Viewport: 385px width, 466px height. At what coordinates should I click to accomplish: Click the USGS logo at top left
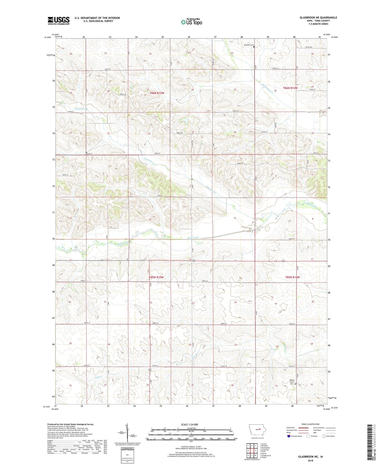point(59,21)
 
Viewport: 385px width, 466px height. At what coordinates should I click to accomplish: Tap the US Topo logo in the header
point(192,22)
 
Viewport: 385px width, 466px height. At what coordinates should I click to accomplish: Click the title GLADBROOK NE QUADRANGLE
point(318,18)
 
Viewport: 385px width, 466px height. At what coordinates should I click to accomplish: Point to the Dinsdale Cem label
point(249,45)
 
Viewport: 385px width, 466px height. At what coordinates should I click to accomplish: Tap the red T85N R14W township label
point(292,277)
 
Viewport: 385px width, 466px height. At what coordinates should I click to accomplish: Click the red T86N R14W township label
point(290,88)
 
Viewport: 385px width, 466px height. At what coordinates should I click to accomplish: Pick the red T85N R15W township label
point(156,277)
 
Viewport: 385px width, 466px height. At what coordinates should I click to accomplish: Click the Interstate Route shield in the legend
point(289,436)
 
